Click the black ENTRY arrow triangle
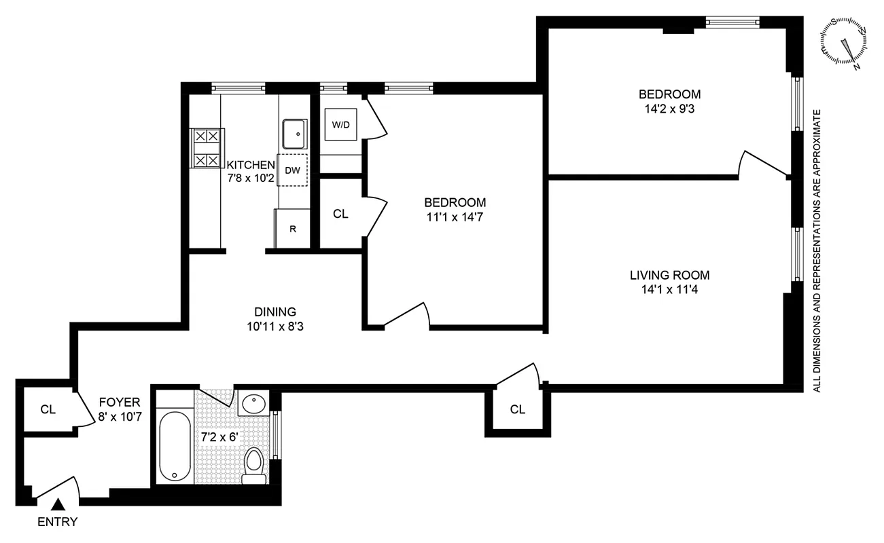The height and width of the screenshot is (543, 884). click(59, 504)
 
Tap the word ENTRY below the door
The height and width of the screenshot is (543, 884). click(57, 522)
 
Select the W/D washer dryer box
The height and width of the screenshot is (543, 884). click(340, 125)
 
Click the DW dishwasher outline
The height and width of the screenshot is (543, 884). click(293, 170)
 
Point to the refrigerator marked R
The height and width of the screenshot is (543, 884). click(293, 229)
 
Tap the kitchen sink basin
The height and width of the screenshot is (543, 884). click(294, 134)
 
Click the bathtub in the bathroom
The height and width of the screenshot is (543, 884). click(175, 446)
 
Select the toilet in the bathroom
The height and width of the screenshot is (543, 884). click(253, 465)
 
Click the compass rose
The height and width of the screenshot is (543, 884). click(846, 43)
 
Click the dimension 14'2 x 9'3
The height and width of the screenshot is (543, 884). click(669, 107)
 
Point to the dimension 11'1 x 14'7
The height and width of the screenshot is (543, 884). click(455, 217)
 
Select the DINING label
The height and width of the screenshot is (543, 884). click(275, 312)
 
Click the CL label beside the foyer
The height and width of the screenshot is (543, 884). click(48, 409)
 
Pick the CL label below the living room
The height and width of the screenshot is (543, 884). click(518, 409)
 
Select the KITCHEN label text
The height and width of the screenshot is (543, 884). click(251, 165)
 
